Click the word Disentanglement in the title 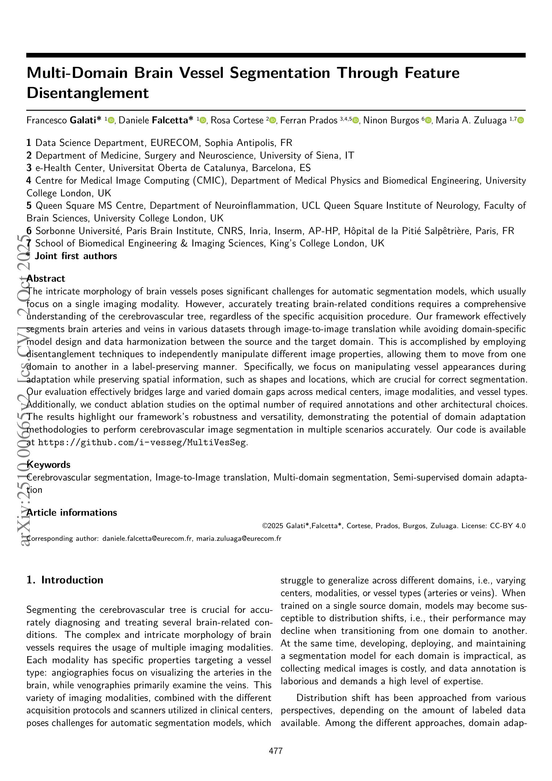tap(87, 93)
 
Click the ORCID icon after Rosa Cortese tap(272, 120)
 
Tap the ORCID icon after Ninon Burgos tap(428, 120)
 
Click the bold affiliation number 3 tap(29, 168)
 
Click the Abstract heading tap(46, 279)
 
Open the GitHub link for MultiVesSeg tap(142, 442)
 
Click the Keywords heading tap(49, 465)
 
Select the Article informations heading tap(72, 513)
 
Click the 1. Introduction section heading tap(65, 580)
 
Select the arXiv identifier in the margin tap(26, 391)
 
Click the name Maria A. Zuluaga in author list tap(471, 120)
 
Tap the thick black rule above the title tap(276, 55)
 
